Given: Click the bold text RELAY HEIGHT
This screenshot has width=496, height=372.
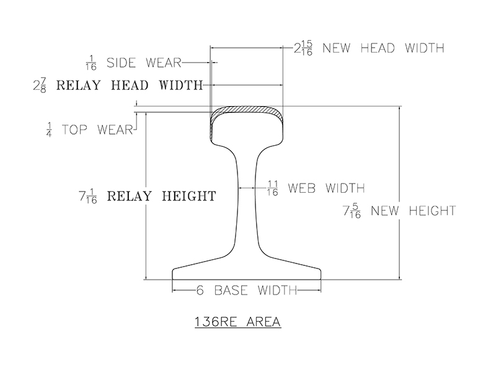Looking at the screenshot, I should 162,197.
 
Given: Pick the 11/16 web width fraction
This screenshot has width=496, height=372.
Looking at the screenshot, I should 272,188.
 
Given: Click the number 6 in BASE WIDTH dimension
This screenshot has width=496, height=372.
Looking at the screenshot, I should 200,290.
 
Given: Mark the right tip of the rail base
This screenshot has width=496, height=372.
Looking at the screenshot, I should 321,273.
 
